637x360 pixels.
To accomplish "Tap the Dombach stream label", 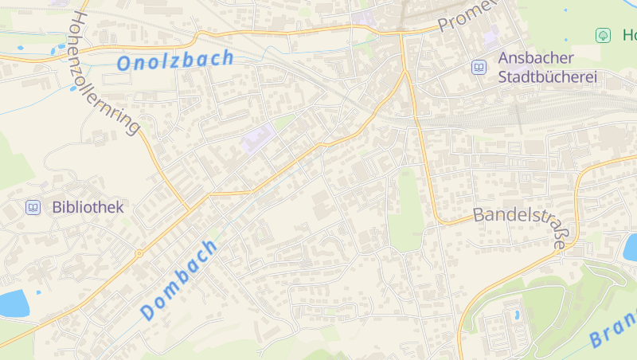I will tap(179, 280).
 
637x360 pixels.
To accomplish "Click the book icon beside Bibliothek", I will tap(33, 208).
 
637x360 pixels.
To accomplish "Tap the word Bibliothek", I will tap(88, 208).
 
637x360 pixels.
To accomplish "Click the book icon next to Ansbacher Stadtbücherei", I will tap(479, 68).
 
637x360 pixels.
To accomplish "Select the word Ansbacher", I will tap(537, 58).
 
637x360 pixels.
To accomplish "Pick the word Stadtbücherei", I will tap(548, 78).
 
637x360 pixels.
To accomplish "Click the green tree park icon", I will tap(603, 35).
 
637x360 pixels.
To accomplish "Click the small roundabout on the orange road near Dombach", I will tap(139, 253).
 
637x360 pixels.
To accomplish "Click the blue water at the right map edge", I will tap(631, 248).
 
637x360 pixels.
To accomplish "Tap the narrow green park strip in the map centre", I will tap(405, 211).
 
